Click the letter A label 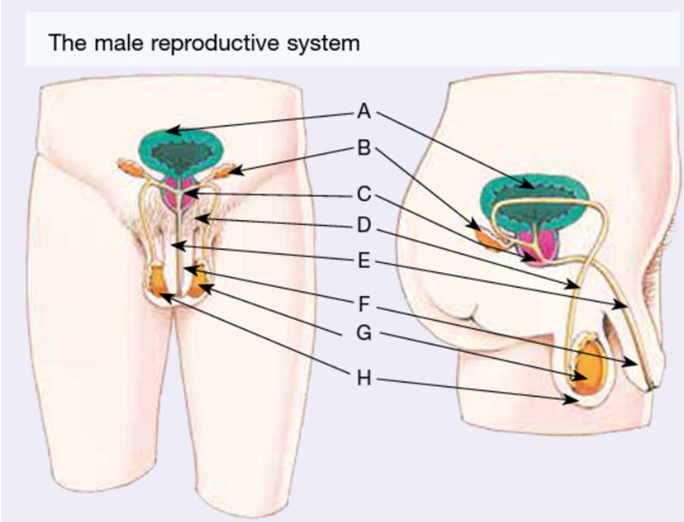(364, 112)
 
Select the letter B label (364, 148)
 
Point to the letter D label (364, 225)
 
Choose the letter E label (364, 260)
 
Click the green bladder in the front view (181, 150)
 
